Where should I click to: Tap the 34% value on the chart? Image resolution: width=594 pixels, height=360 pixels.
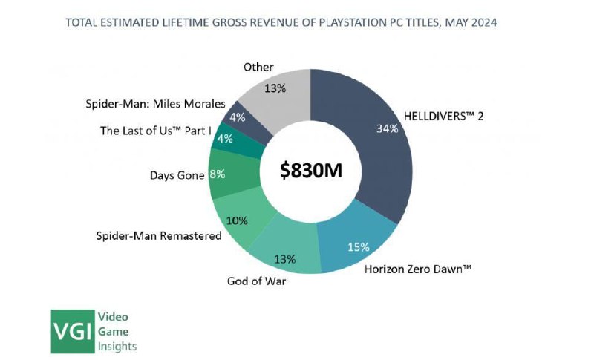pos(388,128)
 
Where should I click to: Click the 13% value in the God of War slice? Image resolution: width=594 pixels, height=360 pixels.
pos(284,259)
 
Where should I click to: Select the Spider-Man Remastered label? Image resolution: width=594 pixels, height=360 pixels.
pos(159,235)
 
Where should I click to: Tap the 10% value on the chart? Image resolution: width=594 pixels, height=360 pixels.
pos(237,220)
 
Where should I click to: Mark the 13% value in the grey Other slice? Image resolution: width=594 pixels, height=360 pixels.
pos(276,88)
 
